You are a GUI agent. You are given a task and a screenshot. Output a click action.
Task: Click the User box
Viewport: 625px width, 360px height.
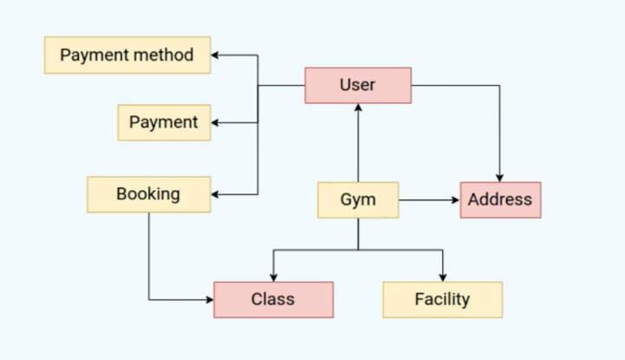click(357, 85)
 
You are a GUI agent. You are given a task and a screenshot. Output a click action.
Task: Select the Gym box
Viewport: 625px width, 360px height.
click(357, 200)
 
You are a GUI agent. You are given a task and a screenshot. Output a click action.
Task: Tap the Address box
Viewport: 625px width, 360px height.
click(499, 200)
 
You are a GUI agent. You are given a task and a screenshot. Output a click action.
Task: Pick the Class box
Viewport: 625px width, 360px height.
click(273, 299)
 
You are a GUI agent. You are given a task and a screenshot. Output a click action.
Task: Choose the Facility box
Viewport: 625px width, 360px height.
click(442, 299)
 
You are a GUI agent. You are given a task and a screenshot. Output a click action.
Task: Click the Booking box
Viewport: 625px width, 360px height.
click(148, 194)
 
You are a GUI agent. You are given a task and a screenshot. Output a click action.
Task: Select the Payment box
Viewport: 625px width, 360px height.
click(164, 122)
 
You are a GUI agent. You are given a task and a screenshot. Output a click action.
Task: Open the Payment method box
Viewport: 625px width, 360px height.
click(127, 56)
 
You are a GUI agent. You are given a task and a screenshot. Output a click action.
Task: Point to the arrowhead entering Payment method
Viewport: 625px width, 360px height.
click(217, 56)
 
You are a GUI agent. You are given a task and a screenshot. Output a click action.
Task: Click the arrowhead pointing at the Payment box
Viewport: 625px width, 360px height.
click(217, 122)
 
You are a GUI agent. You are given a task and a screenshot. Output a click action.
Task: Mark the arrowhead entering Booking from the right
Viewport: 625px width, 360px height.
click(217, 194)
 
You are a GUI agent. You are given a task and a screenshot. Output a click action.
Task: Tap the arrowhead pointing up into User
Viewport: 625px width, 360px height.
click(358, 108)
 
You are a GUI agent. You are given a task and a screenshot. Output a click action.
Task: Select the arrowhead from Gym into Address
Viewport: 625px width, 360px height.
click(454, 200)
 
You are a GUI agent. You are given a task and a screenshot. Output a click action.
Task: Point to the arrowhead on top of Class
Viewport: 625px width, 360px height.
click(274, 277)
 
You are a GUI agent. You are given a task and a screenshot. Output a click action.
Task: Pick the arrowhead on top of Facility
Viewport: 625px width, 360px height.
click(443, 277)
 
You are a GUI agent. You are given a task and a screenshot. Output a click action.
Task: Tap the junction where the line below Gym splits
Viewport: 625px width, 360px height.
click(358, 251)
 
